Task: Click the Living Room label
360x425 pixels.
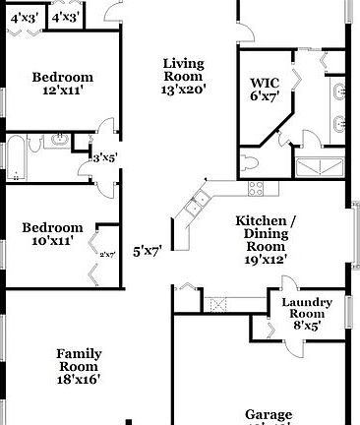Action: coord(183,69)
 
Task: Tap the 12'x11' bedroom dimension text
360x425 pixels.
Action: coord(61,91)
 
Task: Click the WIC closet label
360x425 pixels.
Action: coord(265,83)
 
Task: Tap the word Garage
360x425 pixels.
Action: coord(270,414)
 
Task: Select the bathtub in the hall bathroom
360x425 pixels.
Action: coord(17,156)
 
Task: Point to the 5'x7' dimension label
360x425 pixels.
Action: coord(147,251)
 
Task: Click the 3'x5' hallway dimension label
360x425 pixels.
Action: coord(103,157)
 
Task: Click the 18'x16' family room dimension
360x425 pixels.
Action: coord(78,378)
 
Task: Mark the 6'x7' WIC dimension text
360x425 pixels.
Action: coord(265,96)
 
